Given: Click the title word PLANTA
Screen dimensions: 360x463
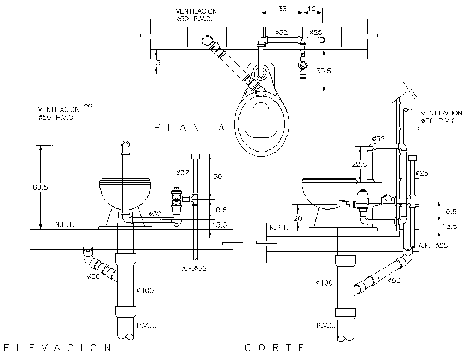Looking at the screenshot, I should (189, 128).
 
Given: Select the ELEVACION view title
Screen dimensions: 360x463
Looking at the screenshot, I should (57, 347).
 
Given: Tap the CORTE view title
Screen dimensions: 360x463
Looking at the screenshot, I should (274, 347).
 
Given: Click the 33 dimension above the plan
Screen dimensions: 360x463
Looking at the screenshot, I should (282, 9).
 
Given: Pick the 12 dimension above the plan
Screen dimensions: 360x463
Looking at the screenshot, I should (312, 9).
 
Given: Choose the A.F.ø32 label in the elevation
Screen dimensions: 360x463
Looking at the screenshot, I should (195, 268).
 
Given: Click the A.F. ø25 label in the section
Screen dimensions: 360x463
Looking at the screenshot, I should (433, 246).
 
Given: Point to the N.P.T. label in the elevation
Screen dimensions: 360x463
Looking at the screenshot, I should (65, 224).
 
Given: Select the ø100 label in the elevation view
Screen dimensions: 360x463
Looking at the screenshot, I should (145, 290).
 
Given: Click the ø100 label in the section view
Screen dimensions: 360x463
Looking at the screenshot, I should (325, 283).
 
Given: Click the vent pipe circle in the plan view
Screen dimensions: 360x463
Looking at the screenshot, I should (208, 41).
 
